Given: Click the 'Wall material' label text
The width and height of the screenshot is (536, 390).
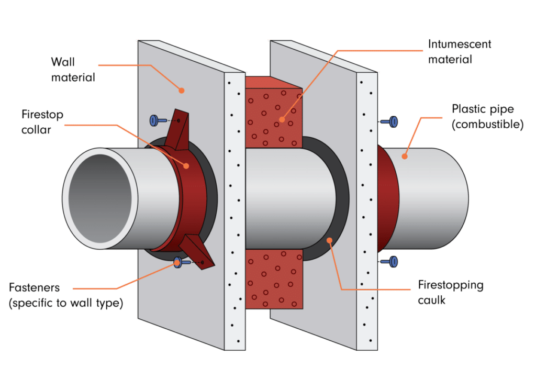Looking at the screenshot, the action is (x=73, y=70).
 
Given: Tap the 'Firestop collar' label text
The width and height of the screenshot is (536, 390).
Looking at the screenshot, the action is (x=42, y=121).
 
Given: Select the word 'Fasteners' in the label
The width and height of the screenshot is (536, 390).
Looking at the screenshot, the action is (x=34, y=287).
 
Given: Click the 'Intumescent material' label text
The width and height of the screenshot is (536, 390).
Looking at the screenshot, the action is (x=460, y=51).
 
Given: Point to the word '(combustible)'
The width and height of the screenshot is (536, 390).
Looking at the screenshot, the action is (x=487, y=125).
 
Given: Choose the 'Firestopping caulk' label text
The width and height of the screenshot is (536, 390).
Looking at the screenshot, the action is (x=451, y=292).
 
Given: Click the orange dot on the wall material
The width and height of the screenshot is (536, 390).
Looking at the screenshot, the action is (x=182, y=91).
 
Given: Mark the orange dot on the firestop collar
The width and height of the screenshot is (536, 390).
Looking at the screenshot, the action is (x=186, y=166).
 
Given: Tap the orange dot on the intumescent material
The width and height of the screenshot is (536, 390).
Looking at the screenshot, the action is (x=282, y=120).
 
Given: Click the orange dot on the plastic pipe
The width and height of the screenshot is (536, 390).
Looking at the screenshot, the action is (x=405, y=157).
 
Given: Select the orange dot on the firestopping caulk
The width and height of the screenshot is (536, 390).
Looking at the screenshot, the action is (x=330, y=241).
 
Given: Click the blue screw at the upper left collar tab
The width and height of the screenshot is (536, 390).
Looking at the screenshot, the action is (x=158, y=120).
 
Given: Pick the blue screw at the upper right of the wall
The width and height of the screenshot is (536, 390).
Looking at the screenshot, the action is (x=389, y=121).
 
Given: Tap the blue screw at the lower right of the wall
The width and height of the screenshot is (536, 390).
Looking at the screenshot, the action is (x=389, y=262).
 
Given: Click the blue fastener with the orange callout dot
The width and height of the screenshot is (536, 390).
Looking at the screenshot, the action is (x=182, y=262).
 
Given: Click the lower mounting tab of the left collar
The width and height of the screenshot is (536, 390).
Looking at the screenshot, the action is (x=197, y=252).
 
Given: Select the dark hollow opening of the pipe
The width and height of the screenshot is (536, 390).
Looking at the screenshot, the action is (x=100, y=198).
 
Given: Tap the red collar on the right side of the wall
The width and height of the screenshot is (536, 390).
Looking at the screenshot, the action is (x=388, y=199).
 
